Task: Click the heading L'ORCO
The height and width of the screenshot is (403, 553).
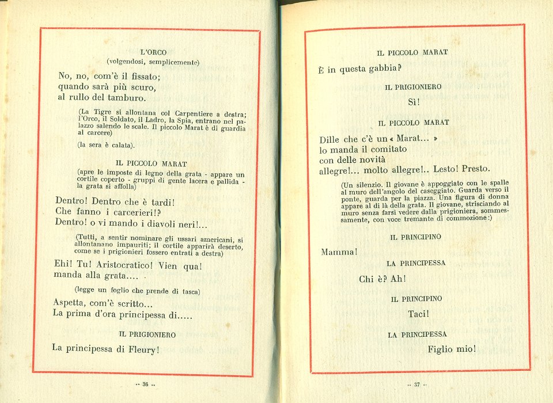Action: tap(153, 52)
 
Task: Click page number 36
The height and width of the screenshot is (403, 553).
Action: tap(145, 385)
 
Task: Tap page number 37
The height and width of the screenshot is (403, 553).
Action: tap(416, 385)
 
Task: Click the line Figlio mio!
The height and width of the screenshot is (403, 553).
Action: tap(452, 349)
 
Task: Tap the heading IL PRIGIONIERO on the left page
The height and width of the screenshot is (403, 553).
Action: tap(147, 334)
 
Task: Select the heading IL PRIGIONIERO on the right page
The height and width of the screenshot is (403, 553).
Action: tap(414, 87)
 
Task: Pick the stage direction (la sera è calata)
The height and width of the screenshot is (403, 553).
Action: tap(105, 145)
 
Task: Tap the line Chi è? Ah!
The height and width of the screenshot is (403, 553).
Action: tap(382, 279)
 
